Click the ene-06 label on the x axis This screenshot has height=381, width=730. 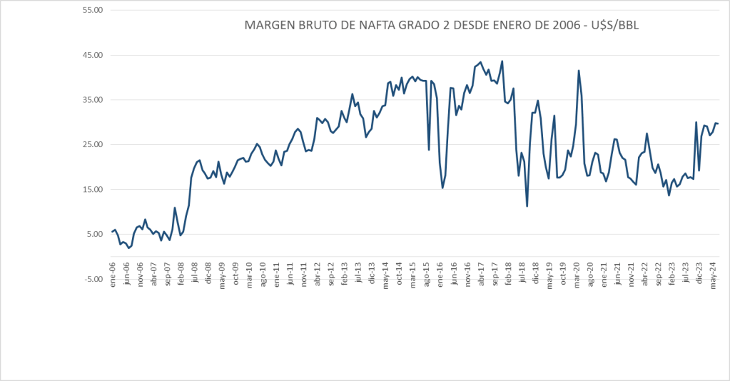[x=113, y=274]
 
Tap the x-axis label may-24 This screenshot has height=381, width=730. [x=713, y=274]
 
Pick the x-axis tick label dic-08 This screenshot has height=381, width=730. [x=208, y=274]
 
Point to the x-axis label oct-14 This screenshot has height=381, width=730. [x=400, y=274]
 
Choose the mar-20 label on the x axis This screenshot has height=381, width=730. [x=577, y=274]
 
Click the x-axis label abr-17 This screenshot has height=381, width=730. [x=481, y=274]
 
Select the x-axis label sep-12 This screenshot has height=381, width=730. [x=331, y=274]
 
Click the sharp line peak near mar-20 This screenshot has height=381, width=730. [x=579, y=71]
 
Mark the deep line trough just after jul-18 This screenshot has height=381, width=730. [x=527, y=206]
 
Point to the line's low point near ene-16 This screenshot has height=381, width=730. [x=442, y=188]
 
